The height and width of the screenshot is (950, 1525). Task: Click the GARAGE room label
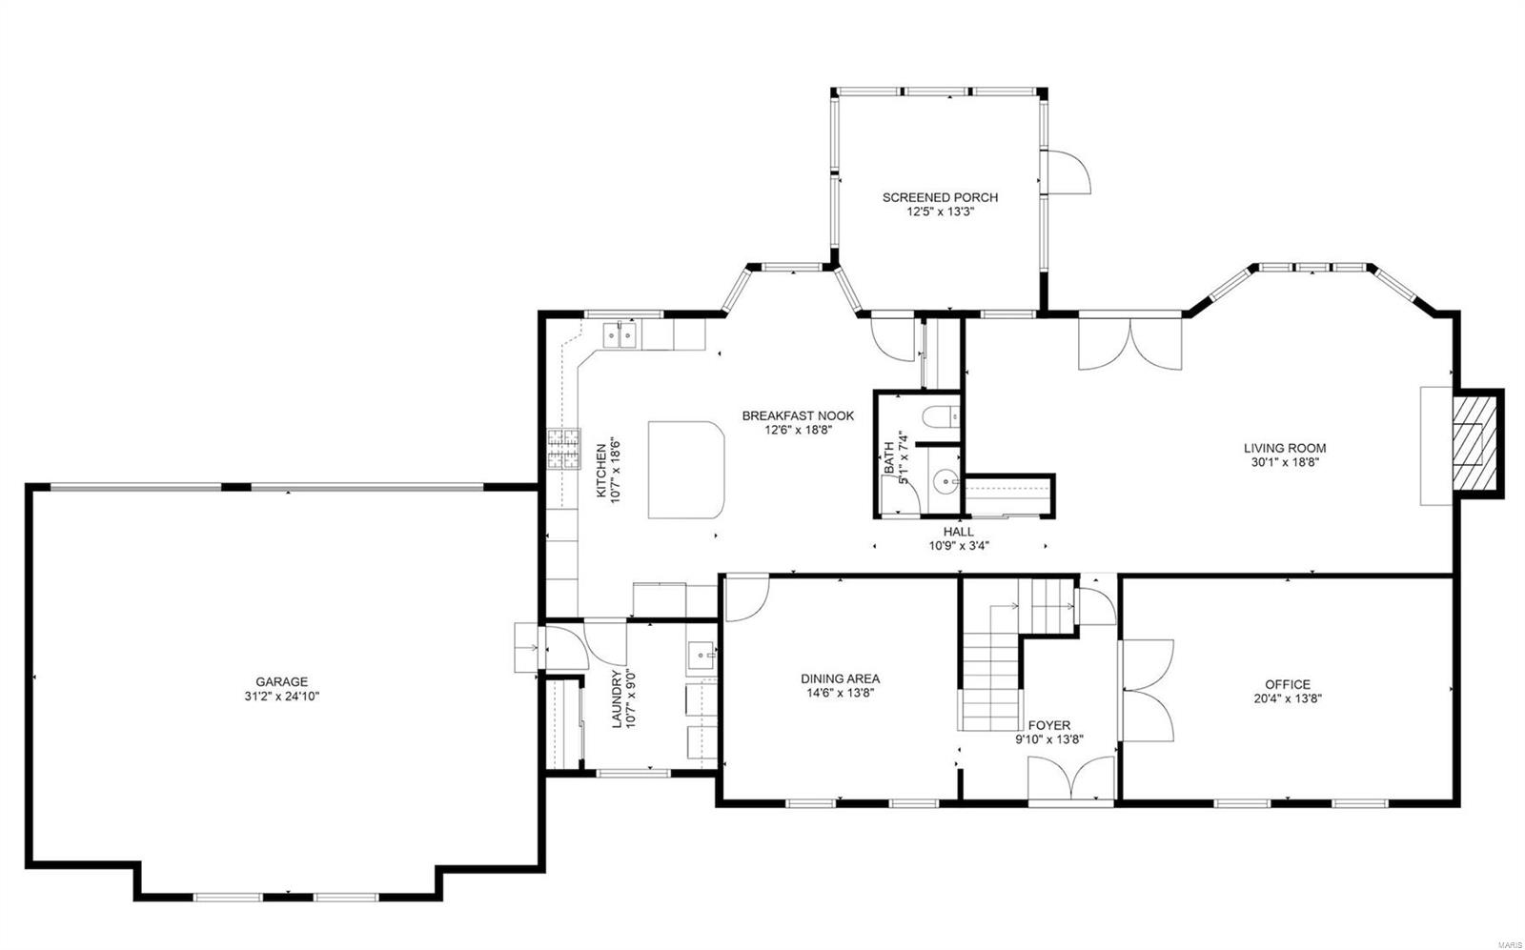point(281,681)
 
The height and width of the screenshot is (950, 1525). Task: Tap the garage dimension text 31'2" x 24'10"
point(281,697)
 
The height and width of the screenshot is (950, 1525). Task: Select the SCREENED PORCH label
point(940,197)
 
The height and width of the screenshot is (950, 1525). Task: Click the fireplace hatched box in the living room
point(1474,443)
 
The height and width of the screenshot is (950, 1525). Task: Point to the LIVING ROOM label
point(1284,448)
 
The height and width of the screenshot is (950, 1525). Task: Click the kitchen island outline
point(685,470)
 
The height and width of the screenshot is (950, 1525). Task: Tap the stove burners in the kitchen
point(563,449)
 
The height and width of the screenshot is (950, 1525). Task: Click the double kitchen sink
point(620,334)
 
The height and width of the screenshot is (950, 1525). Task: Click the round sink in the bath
point(945,482)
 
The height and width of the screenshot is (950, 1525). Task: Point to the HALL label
point(958,532)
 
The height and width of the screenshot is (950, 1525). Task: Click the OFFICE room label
point(1287,684)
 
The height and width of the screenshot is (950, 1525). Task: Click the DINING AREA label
point(840,679)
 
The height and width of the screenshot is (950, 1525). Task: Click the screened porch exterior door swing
point(1068,173)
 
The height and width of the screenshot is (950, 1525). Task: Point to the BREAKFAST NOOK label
point(798,415)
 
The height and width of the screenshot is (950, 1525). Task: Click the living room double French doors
point(1129,345)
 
